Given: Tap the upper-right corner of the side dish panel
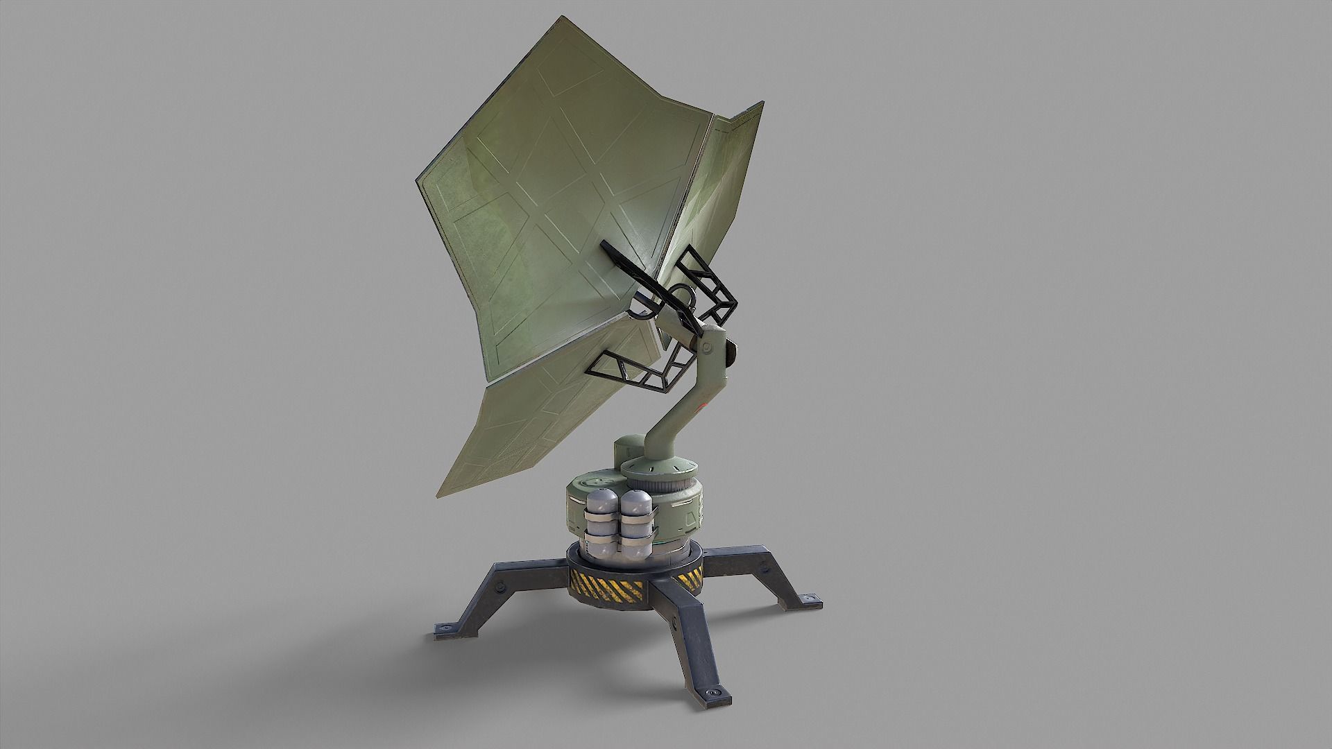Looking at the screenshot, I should click(x=762, y=104).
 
